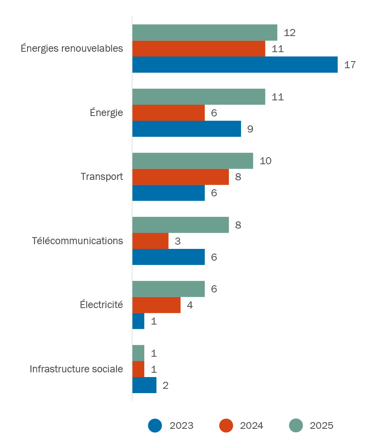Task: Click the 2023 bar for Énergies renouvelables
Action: click(235, 65)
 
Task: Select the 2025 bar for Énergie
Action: click(199, 97)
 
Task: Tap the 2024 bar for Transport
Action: click(180, 177)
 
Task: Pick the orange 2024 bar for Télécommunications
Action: click(150, 241)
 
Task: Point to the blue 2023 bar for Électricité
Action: click(138, 321)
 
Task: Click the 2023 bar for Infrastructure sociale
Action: click(144, 385)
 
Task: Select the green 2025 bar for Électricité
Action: click(169, 289)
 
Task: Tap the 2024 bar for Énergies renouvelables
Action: click(199, 49)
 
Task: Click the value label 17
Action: click(350, 65)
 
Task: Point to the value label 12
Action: click(289, 33)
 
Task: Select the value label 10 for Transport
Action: click(265, 161)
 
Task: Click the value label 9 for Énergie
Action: click(250, 129)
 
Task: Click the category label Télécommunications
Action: click(78, 241)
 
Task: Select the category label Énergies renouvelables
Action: click(72, 49)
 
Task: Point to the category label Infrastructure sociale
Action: click(76, 369)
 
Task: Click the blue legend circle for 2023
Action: click(155, 426)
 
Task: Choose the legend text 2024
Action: click(251, 426)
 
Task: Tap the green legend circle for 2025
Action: click(296, 426)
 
